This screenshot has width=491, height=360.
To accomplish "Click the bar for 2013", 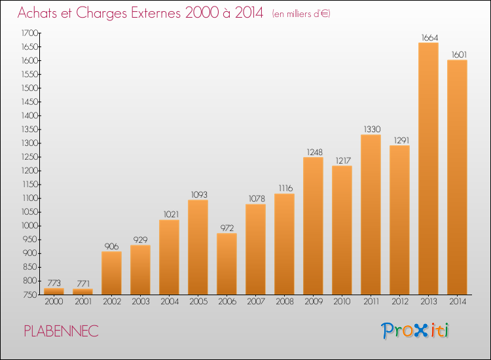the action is click(428, 168).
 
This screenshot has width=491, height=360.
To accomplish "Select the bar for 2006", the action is click(227, 264).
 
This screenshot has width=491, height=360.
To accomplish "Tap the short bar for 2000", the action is click(54, 291).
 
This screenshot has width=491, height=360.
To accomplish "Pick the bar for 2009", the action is click(313, 226).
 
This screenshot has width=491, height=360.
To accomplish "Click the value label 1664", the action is click(429, 38).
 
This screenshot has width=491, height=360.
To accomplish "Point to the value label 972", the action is click(227, 228).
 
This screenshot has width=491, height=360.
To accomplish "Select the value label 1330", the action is click(372, 130).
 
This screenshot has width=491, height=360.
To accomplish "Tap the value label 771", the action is click(83, 283).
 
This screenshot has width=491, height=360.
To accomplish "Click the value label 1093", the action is click(199, 194).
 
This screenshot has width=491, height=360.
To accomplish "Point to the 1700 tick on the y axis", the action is click(29, 33).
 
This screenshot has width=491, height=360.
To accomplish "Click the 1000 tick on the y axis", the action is click(29, 226).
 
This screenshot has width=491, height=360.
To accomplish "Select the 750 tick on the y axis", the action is click(30, 295).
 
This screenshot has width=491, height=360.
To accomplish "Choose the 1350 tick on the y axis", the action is click(29, 130).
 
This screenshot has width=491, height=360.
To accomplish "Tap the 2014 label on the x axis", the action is click(458, 302).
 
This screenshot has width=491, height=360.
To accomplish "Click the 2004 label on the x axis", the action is click(170, 302).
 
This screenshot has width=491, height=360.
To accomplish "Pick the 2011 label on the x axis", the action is click(371, 302).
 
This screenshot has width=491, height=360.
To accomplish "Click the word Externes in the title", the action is click(156, 13).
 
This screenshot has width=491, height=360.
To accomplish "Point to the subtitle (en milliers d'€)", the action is click(301, 14).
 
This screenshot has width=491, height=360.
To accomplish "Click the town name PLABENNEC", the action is click(62, 331).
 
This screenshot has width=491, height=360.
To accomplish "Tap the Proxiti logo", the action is click(415, 331).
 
